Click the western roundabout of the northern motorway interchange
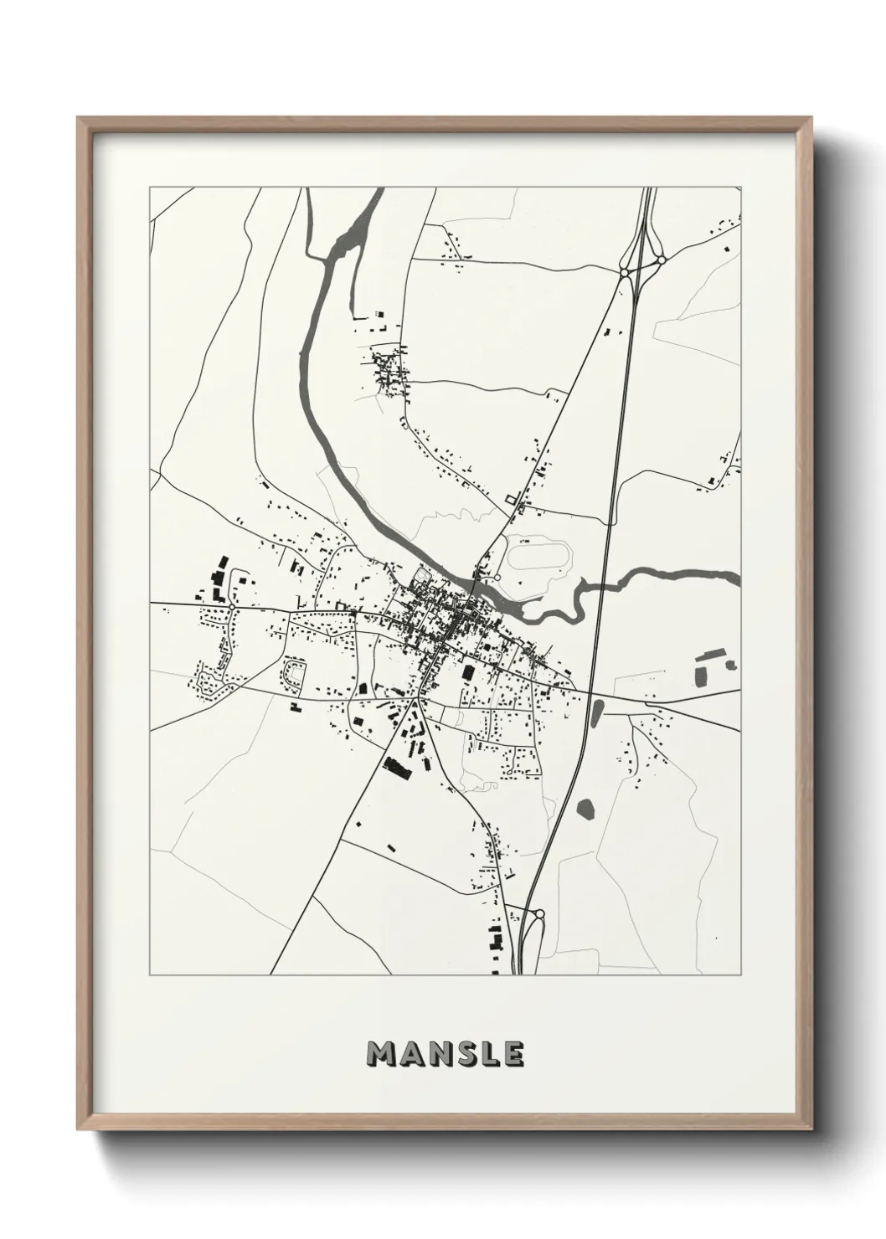[625, 271]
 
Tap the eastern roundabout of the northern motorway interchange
[661, 260]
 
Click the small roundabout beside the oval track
[497, 577]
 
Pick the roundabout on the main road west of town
[231, 605]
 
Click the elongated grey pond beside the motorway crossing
[597, 714]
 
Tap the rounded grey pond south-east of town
[586, 808]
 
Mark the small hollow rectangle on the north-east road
[509, 500]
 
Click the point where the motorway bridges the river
[600, 584]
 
